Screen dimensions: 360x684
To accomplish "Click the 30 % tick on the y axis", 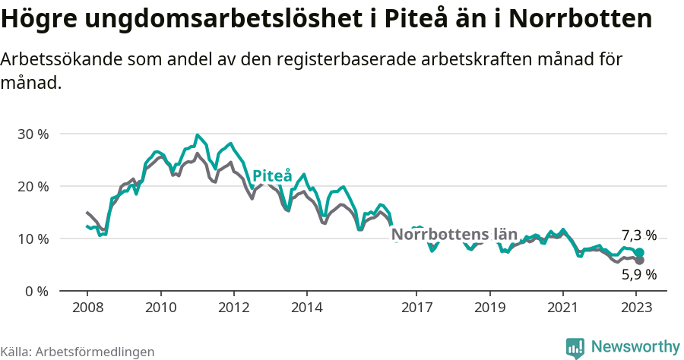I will (32, 134).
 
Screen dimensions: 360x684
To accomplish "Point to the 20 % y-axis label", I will (32, 186).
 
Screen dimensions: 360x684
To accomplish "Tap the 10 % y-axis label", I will (32, 238).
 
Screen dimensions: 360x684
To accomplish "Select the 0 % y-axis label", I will (36, 291).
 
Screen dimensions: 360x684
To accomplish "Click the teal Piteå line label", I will (272, 176).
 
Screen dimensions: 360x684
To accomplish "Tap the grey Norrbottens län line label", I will (454, 235).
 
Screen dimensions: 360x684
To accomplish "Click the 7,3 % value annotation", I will (638, 235).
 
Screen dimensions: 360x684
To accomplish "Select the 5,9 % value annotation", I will (638, 275).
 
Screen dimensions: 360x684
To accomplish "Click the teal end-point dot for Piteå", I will (639, 253).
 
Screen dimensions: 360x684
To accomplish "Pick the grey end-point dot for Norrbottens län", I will (639, 261).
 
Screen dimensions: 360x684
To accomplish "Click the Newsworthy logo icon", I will (575, 347).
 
